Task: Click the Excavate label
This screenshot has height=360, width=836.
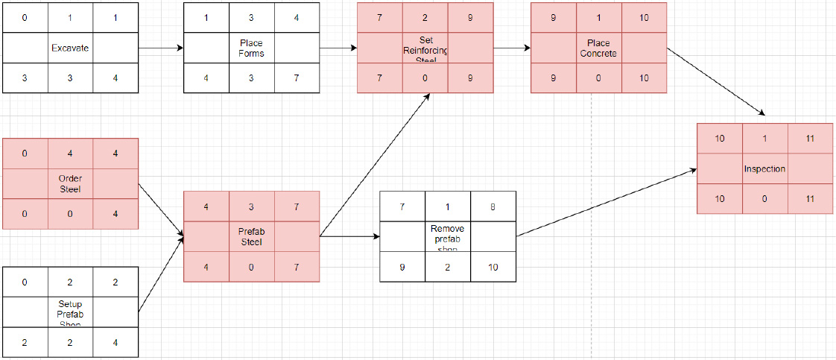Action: (70, 48)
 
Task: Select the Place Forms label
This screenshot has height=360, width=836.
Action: (251, 48)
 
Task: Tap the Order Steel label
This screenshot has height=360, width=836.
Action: (70, 183)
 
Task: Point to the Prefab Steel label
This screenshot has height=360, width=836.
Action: (251, 236)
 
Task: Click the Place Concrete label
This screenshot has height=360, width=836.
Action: (598, 48)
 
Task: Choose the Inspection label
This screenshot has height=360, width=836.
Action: (764, 168)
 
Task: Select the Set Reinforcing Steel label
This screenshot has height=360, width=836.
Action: (425, 48)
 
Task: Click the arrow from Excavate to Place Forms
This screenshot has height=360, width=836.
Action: (161, 48)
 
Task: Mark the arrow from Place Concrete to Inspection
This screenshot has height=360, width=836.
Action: (715, 82)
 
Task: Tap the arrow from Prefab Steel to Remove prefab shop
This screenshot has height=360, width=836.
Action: (349, 237)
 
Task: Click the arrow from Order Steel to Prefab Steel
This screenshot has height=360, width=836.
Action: (162, 212)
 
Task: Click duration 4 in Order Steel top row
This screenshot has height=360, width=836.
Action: (70, 154)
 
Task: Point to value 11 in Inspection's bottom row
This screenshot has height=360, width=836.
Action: (810, 199)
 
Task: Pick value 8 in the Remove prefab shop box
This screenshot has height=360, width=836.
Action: (493, 207)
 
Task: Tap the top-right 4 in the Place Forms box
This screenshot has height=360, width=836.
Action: (297, 17)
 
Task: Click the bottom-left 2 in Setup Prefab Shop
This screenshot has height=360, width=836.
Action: (25, 343)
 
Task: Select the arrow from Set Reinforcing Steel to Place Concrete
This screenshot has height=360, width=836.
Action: (511, 48)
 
